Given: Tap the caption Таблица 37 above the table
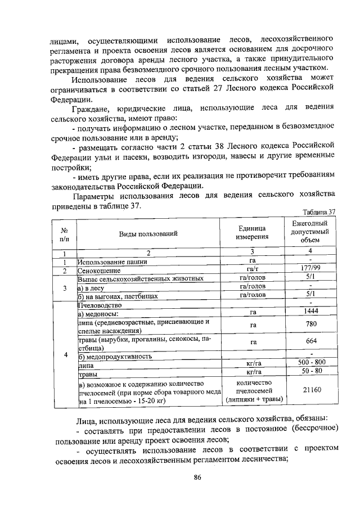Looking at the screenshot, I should (x=318, y=212).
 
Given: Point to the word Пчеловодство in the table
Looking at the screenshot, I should (x=99, y=304).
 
